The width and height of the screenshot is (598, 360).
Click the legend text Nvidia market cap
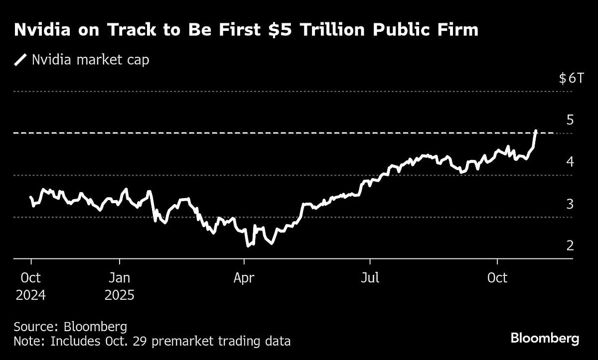(x=90, y=60)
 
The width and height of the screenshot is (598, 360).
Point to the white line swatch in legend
(x=21, y=60)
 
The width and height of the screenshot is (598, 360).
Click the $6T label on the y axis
(x=570, y=78)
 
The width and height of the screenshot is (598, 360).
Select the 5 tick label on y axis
(x=570, y=120)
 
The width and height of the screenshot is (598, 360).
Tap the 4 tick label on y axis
(x=570, y=162)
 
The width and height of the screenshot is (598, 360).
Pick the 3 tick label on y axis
(x=570, y=204)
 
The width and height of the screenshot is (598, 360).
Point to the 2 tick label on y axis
(x=570, y=245)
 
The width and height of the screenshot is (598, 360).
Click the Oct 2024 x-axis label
(x=30, y=286)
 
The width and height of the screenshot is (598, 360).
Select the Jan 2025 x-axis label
(x=120, y=286)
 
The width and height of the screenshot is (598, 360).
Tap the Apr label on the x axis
(x=244, y=277)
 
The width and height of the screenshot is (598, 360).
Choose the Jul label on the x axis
(x=370, y=277)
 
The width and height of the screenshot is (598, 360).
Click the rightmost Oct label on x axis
(x=497, y=277)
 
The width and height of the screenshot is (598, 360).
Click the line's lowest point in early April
(x=248, y=245)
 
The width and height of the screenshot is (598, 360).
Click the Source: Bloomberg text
(x=70, y=327)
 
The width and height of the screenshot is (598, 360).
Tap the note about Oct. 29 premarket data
(x=152, y=342)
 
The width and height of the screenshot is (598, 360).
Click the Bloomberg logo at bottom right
(x=545, y=339)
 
